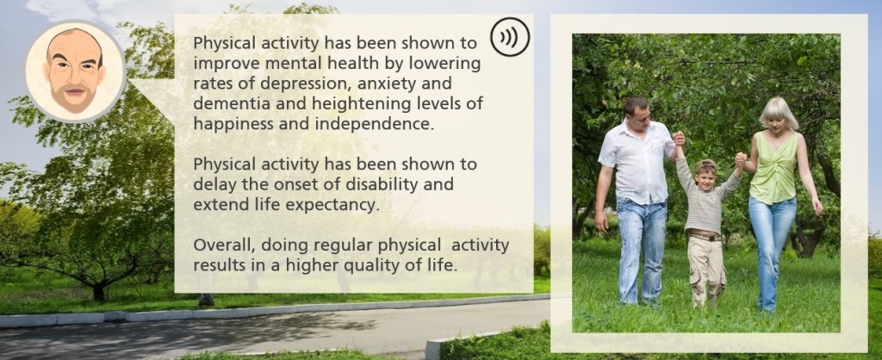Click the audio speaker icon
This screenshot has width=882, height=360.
[510, 37]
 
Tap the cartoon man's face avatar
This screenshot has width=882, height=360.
[75, 71]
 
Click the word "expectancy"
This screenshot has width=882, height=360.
[333, 205]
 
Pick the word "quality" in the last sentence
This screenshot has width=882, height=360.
[382, 266]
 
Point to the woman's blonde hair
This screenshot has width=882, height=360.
[779, 111]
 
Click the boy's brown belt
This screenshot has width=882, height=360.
[705, 236]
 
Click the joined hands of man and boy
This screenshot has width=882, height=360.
[679, 138]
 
